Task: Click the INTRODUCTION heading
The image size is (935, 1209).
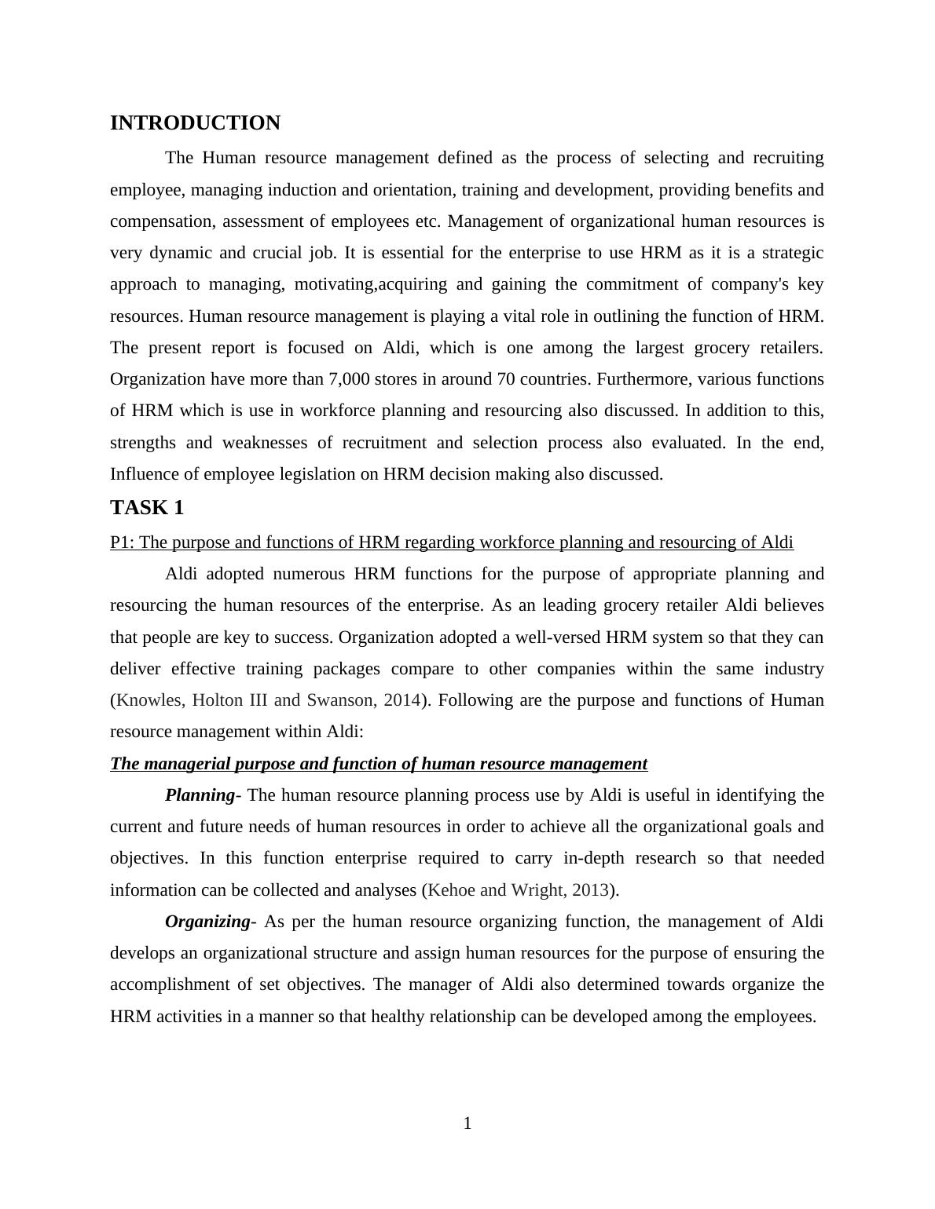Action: [x=195, y=123]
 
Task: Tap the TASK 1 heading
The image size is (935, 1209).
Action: [x=147, y=508]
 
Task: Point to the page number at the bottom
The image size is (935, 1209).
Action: [x=467, y=1123]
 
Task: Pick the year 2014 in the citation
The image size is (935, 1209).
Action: [x=402, y=700]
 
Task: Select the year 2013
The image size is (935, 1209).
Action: [x=591, y=890]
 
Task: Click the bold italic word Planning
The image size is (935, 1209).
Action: [x=200, y=795]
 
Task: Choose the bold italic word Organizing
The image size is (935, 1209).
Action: [x=207, y=922]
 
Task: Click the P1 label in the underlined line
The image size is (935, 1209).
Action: [x=120, y=542]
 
